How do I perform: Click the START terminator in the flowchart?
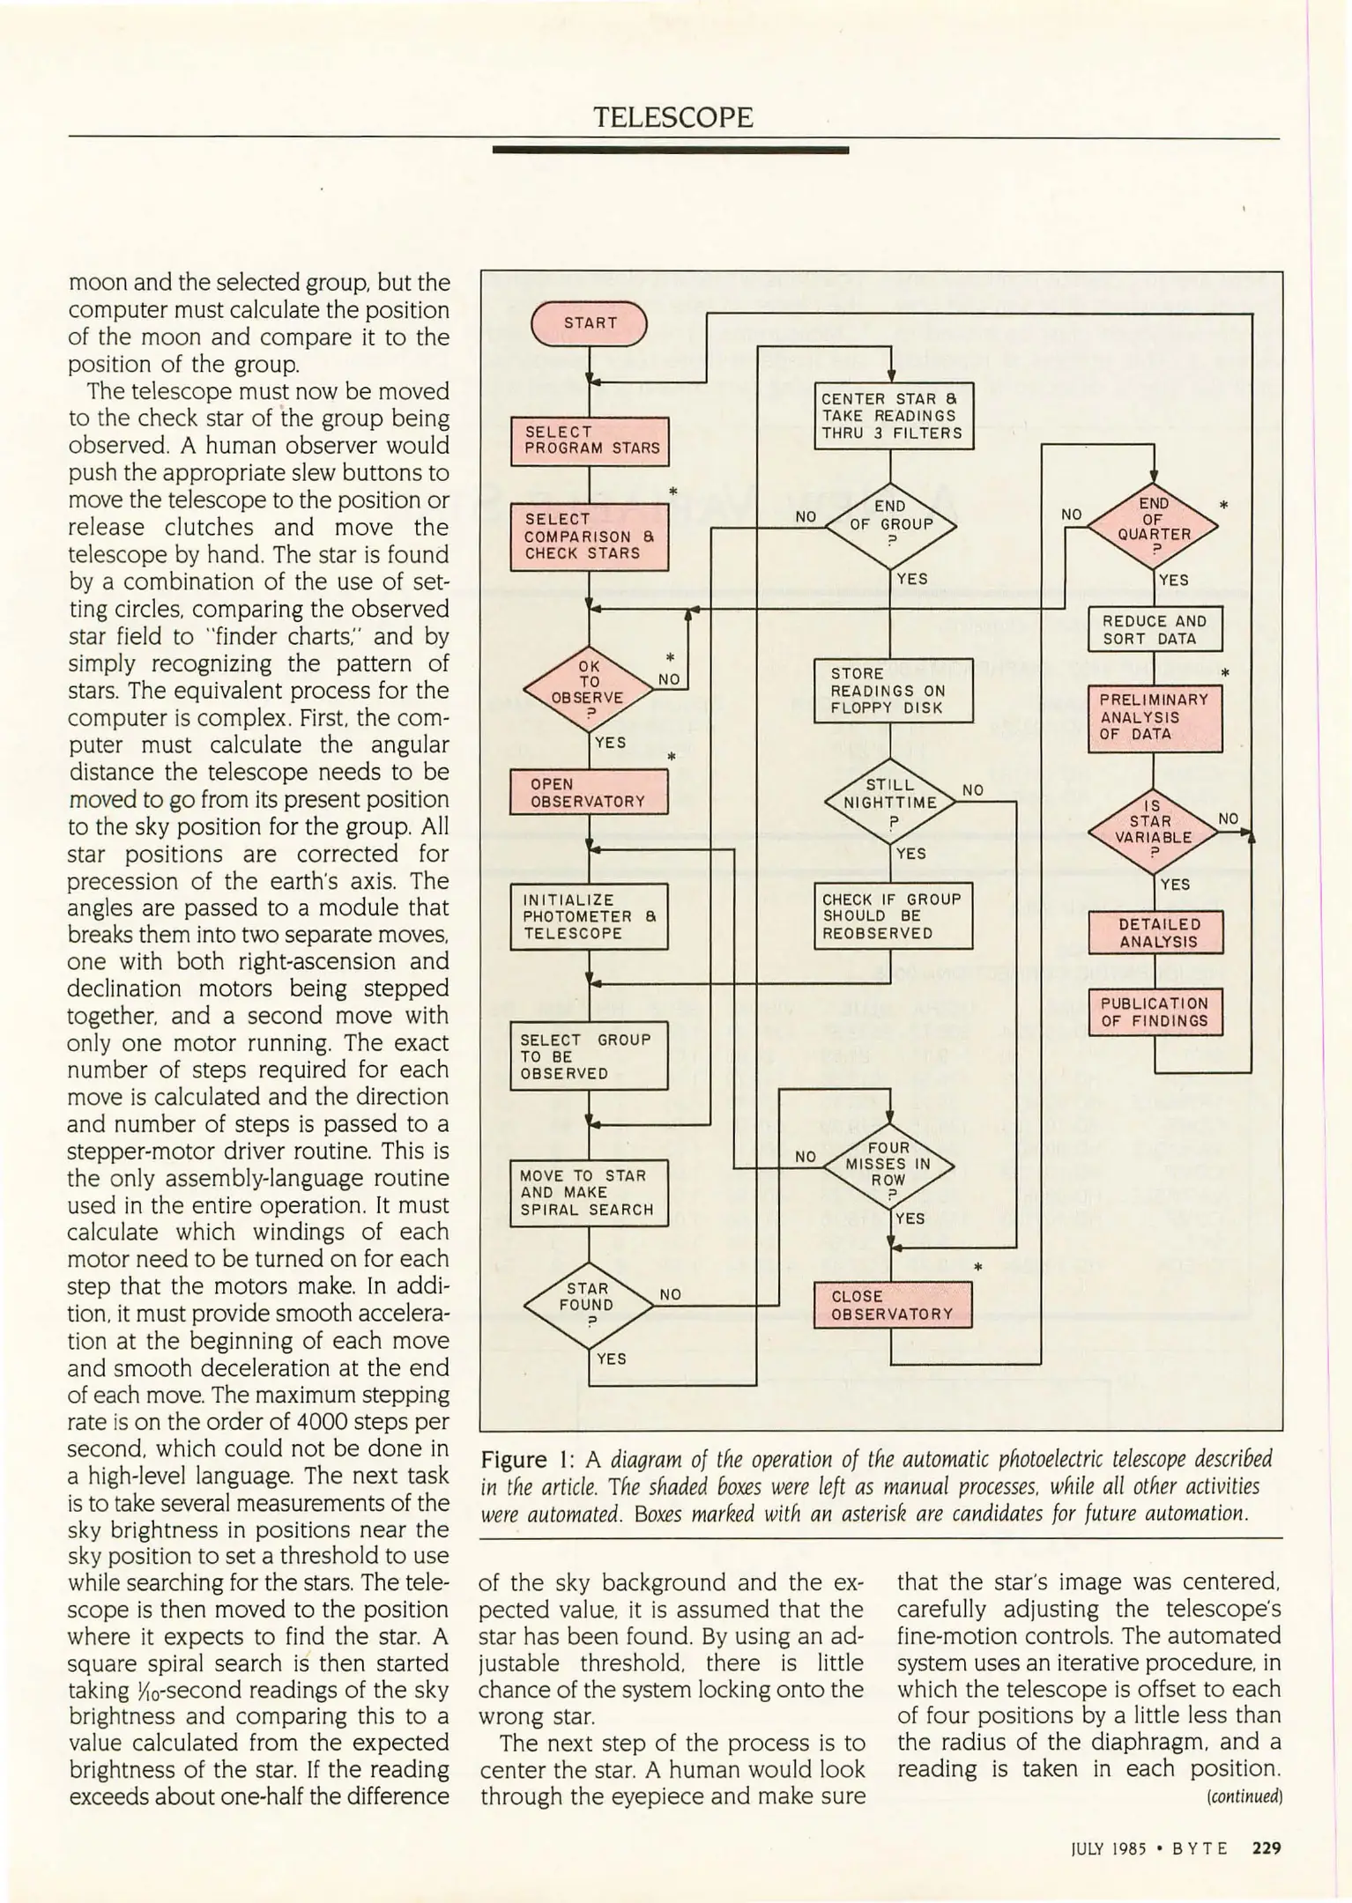[x=589, y=323]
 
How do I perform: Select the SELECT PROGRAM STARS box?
[x=590, y=441]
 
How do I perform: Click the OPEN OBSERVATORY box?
[x=589, y=792]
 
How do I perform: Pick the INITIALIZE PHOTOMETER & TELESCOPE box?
[x=589, y=917]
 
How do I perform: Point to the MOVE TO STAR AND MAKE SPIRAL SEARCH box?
[x=589, y=1193]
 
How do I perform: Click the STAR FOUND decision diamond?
[x=588, y=1305]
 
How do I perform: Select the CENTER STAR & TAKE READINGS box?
[x=893, y=416]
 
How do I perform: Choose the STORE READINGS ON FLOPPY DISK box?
[x=893, y=691]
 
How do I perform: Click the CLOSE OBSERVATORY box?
[x=892, y=1305]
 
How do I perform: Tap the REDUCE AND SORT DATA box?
[x=1155, y=630]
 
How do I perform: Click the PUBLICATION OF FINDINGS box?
[x=1155, y=1012]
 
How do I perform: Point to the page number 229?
[x=1267, y=1847]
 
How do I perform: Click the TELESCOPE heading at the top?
[x=673, y=117]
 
